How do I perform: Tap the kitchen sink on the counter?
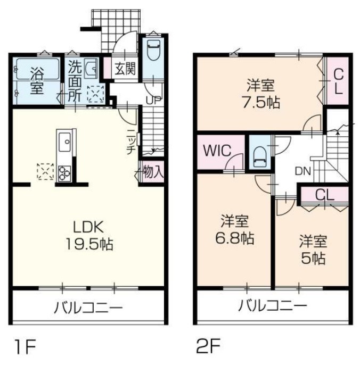66,142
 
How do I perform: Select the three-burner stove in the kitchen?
65,171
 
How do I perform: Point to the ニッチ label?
130,143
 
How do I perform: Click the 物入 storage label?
153,172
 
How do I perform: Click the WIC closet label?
217,150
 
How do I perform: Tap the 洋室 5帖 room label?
312,250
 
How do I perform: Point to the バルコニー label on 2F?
272,306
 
